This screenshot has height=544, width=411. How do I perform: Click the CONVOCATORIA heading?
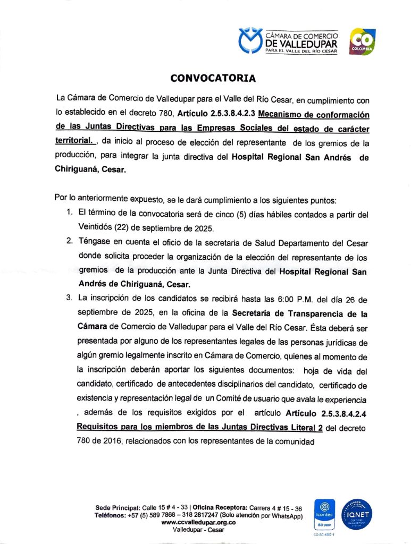point(213,79)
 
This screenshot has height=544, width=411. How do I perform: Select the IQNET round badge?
point(357,514)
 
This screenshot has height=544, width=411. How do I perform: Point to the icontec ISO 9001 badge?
point(324,514)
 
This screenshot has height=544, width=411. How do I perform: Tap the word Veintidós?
point(95,229)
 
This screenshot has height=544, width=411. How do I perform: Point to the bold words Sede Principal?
point(118,508)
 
